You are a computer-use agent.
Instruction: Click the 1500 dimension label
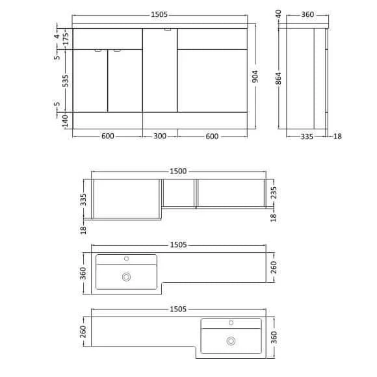(x=178, y=171)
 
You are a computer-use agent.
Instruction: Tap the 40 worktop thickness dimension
(x=278, y=14)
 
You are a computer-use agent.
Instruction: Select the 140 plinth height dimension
(x=66, y=120)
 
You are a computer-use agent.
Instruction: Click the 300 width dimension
(x=160, y=136)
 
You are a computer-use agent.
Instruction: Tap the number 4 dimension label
(x=57, y=36)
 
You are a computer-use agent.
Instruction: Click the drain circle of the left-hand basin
(x=126, y=277)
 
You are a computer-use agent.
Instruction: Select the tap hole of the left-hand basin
(x=127, y=259)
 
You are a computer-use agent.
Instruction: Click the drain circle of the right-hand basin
(x=231, y=340)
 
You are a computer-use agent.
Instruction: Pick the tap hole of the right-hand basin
(x=231, y=322)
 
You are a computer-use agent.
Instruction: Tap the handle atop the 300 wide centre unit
(x=168, y=29)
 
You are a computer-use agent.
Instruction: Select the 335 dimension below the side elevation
(x=307, y=136)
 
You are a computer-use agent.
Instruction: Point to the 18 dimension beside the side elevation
(x=337, y=136)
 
